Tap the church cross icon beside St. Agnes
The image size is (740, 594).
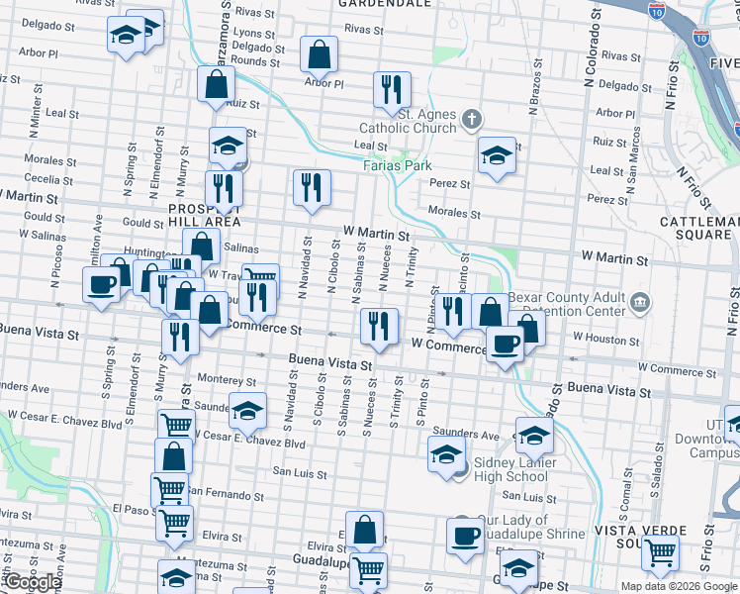[471, 121]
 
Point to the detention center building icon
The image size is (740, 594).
[639, 300]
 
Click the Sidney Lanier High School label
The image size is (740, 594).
[514, 469]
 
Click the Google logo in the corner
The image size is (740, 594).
[32, 582]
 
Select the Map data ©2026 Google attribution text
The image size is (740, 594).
[679, 586]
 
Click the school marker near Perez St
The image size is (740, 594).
[497, 154]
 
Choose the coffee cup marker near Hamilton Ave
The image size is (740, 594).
[101, 285]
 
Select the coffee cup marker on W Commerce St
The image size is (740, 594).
[505, 344]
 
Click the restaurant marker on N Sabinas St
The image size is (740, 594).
[378, 325]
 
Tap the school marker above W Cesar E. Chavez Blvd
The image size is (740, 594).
[247, 408]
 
